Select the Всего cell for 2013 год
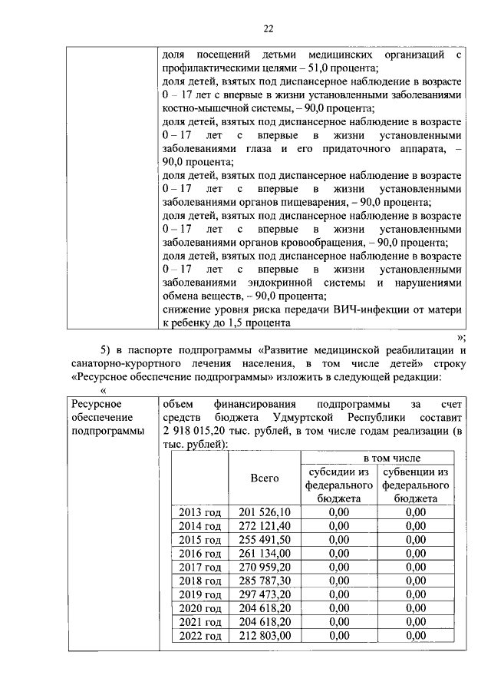tap(265, 511)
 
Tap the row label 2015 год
tap(199, 539)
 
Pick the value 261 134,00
tap(265, 553)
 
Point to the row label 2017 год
tap(199, 567)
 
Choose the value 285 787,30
tap(265, 581)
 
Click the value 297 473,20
tap(265, 594)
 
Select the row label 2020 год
tap(199, 608)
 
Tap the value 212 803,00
tap(265, 636)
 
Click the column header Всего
tap(265, 478)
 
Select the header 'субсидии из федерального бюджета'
tap(338, 485)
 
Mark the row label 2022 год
tap(199, 636)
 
